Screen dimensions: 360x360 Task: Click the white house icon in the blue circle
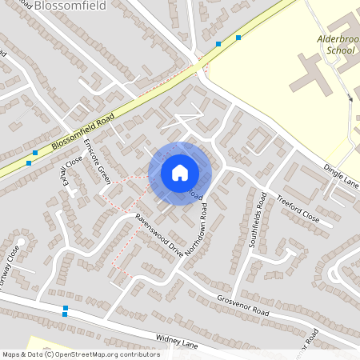179,173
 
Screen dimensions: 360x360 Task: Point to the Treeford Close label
298,208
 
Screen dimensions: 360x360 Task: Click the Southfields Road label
258,219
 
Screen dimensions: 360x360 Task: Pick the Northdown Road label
197,229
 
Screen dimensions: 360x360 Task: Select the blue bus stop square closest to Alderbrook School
238,38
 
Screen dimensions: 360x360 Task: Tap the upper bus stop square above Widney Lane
65,307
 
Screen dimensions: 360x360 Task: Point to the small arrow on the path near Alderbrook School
350,98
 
